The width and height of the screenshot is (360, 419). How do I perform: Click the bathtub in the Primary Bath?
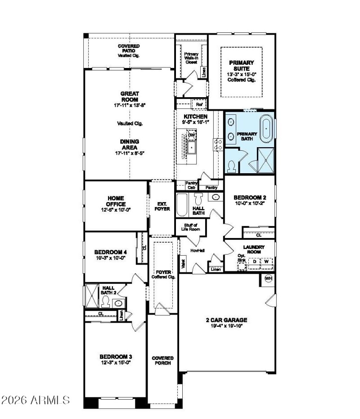pos(267,128)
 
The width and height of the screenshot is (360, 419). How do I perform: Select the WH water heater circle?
pos(269,278)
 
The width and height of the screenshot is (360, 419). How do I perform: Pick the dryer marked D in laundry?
pos(254,261)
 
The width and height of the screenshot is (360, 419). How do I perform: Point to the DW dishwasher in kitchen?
pos(192,135)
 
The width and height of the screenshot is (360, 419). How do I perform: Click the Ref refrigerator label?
pos(199,104)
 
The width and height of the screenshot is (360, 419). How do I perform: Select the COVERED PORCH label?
pos(162,360)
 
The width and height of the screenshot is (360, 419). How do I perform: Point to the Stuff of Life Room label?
pos(191,227)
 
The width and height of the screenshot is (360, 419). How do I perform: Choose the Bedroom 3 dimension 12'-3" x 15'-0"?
pos(115,363)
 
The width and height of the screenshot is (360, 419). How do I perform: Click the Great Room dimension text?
pos(129,104)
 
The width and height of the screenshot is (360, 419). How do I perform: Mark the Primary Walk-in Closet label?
pos(191,58)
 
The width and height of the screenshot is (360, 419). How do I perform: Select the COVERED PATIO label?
pos(129,50)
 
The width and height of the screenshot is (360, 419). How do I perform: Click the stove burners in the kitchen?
pos(219,144)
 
